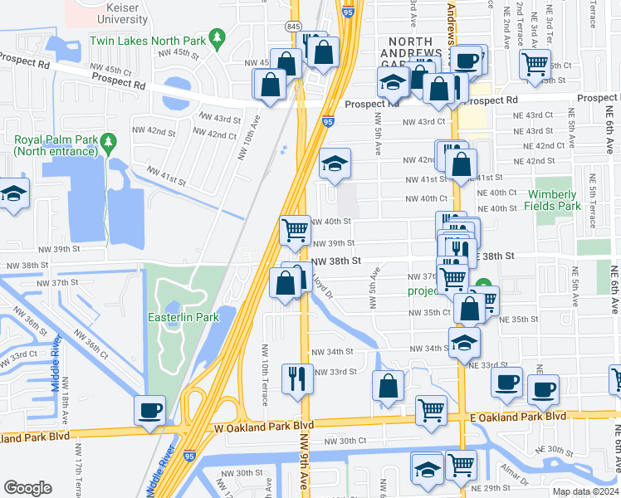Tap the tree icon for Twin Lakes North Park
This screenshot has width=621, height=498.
218,37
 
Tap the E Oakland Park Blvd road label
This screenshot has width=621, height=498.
517,416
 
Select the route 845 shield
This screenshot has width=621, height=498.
295,26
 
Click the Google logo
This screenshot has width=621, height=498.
27,488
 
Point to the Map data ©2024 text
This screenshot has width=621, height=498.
584,491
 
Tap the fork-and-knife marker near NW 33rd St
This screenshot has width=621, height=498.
297,379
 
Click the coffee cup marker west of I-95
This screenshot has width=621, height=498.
149,410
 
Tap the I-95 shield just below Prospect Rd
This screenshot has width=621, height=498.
329,122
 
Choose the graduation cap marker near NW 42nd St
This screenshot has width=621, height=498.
335,164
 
